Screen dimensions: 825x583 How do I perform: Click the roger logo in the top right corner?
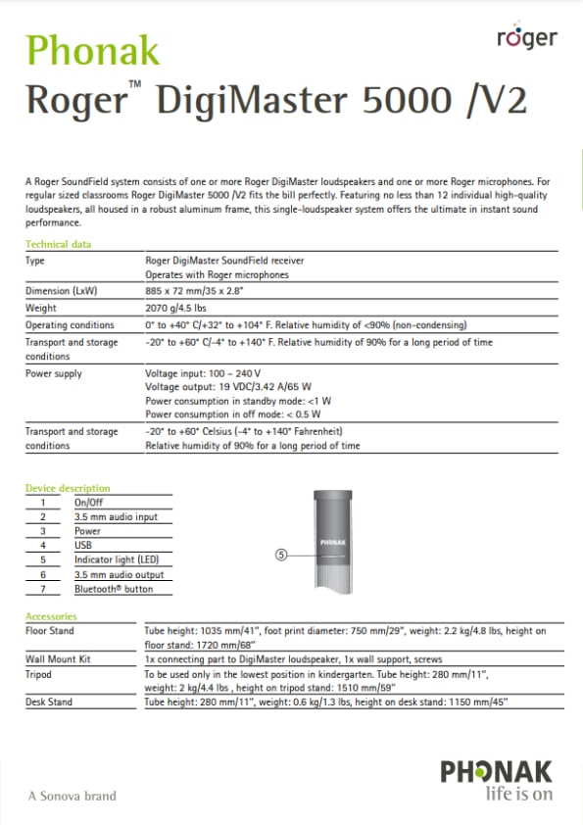pyautogui.click(x=526, y=38)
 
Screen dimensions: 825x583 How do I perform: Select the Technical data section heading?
pyautogui.click(x=58, y=244)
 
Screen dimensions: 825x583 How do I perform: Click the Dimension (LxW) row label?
pyautogui.click(x=61, y=291)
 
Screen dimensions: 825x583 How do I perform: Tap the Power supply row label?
pyautogui.click(x=54, y=373)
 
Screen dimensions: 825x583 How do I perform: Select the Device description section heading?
pyautogui.click(x=68, y=488)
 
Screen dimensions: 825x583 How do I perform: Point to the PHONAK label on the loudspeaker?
pyautogui.click(x=335, y=540)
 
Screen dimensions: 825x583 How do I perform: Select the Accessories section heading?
pyautogui.click(x=50, y=616)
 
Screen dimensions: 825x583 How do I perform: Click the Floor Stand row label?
pyautogui.click(x=49, y=631)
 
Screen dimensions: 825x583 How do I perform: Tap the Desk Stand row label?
pyautogui.click(x=48, y=703)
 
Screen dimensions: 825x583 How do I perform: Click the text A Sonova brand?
pyautogui.click(x=72, y=796)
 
